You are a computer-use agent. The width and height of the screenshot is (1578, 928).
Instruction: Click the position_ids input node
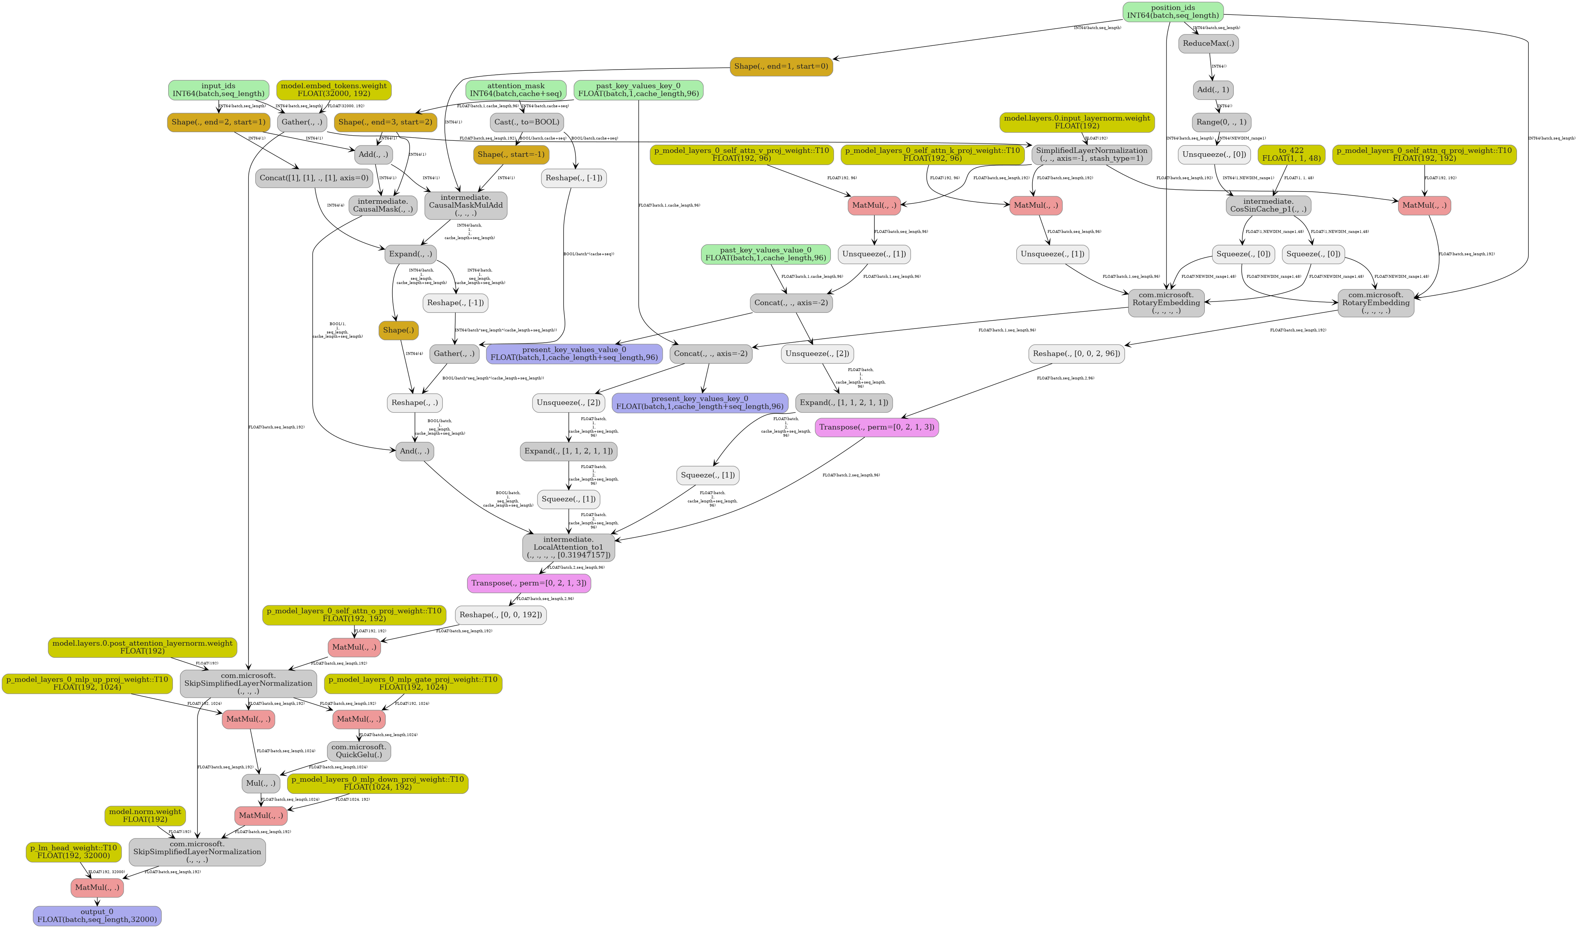click(1172, 11)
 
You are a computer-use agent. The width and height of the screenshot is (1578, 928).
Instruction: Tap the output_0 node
click(97, 915)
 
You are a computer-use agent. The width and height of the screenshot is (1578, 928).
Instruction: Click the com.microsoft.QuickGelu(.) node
click(359, 751)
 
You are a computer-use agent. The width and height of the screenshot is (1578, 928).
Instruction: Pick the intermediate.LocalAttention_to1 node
click(569, 547)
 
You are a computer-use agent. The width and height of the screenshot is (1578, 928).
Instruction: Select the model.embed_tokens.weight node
click(334, 90)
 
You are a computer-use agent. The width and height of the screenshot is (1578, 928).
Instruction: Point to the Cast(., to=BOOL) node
click(527, 122)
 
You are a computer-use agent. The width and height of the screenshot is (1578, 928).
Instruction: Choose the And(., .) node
click(415, 451)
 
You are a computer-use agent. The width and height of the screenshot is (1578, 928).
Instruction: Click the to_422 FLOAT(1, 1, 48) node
click(1291, 154)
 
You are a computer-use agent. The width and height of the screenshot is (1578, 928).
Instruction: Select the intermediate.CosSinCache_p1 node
click(1268, 205)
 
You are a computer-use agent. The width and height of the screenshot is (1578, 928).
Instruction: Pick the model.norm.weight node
click(145, 815)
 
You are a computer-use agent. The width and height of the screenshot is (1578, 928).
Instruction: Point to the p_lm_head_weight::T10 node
click(73, 852)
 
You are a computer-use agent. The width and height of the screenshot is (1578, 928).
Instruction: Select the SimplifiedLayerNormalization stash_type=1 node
click(1091, 154)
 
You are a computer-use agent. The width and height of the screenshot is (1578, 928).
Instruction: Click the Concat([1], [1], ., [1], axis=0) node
click(314, 178)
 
